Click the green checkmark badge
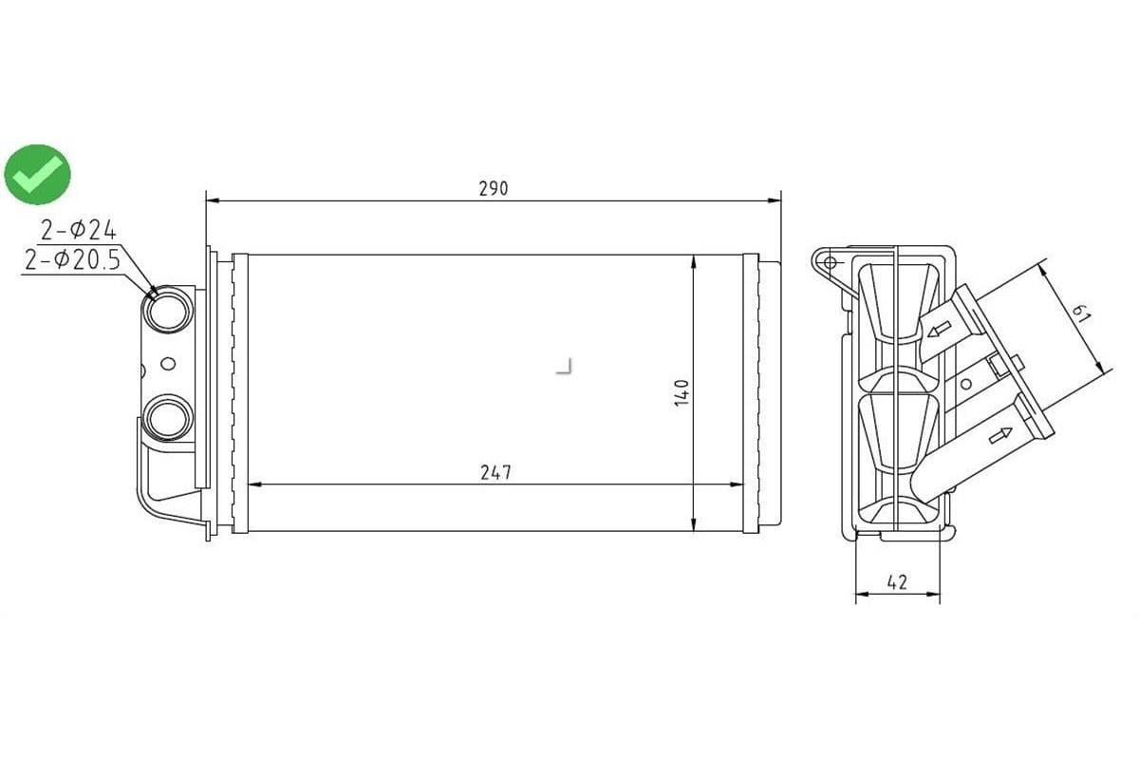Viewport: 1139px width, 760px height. pyautogui.click(x=37, y=174)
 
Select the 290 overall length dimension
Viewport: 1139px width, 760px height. pyautogui.click(x=494, y=188)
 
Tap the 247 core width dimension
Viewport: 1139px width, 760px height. pyautogui.click(x=495, y=472)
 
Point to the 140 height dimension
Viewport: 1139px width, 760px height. pyautogui.click(x=681, y=392)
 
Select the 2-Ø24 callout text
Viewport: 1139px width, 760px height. pyautogui.click(x=78, y=229)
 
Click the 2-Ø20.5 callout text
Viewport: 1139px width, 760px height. pyautogui.click(x=73, y=259)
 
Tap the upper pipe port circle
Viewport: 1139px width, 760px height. pyautogui.click(x=169, y=310)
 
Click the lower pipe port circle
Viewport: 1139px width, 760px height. pyautogui.click(x=169, y=417)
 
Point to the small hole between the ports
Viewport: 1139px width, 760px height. pyautogui.click(x=169, y=363)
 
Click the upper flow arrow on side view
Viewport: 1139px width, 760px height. pyautogui.click(x=940, y=331)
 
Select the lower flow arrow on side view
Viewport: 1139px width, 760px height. pyautogui.click(x=999, y=435)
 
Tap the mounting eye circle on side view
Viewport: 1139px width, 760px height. pyautogui.click(x=830, y=261)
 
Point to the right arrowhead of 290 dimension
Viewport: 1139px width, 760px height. pyautogui.click(x=773, y=200)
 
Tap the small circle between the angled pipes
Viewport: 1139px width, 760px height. pyautogui.click(x=965, y=384)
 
